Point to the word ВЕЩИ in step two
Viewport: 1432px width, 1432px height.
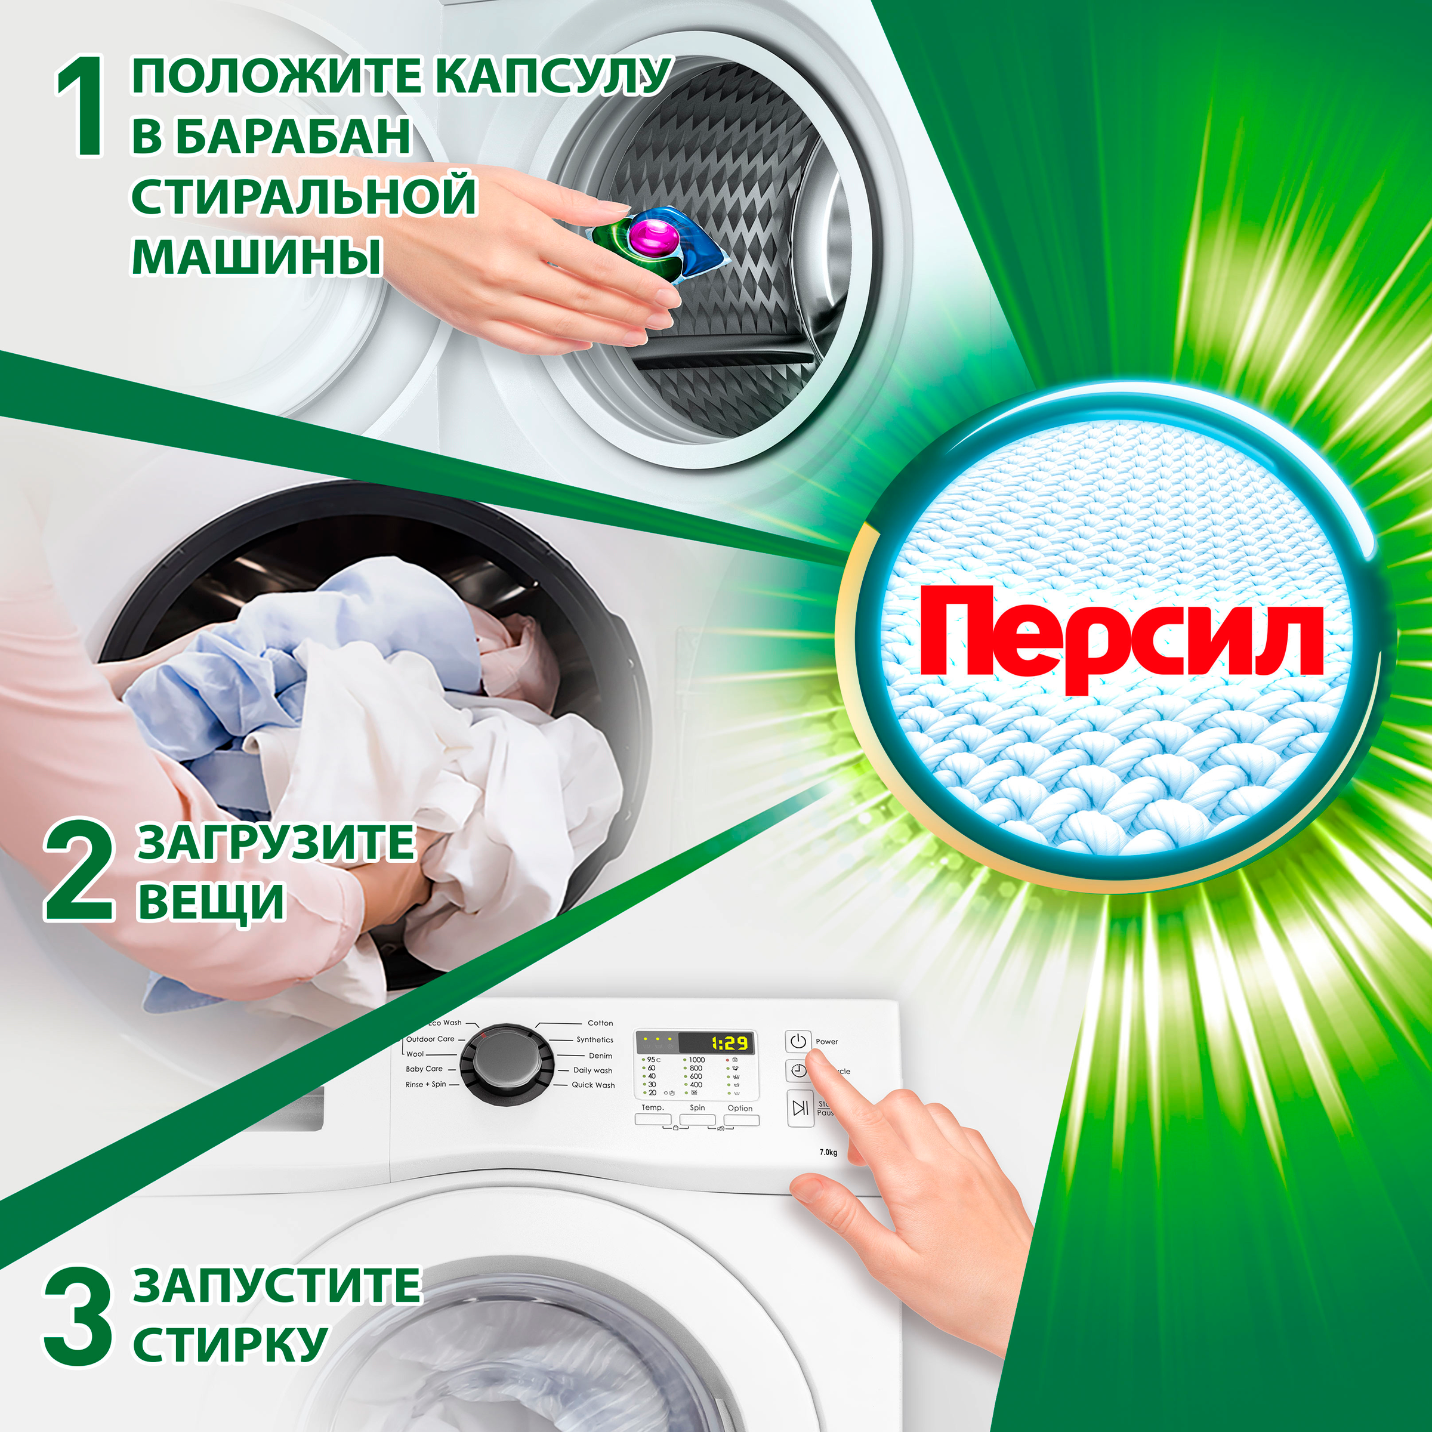(211, 902)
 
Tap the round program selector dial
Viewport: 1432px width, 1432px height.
(506, 1065)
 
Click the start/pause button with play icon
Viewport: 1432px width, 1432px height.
(800, 1108)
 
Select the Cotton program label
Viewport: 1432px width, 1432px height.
(600, 1023)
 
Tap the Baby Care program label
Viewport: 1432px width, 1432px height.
(424, 1069)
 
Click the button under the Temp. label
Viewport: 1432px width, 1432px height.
(652, 1120)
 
